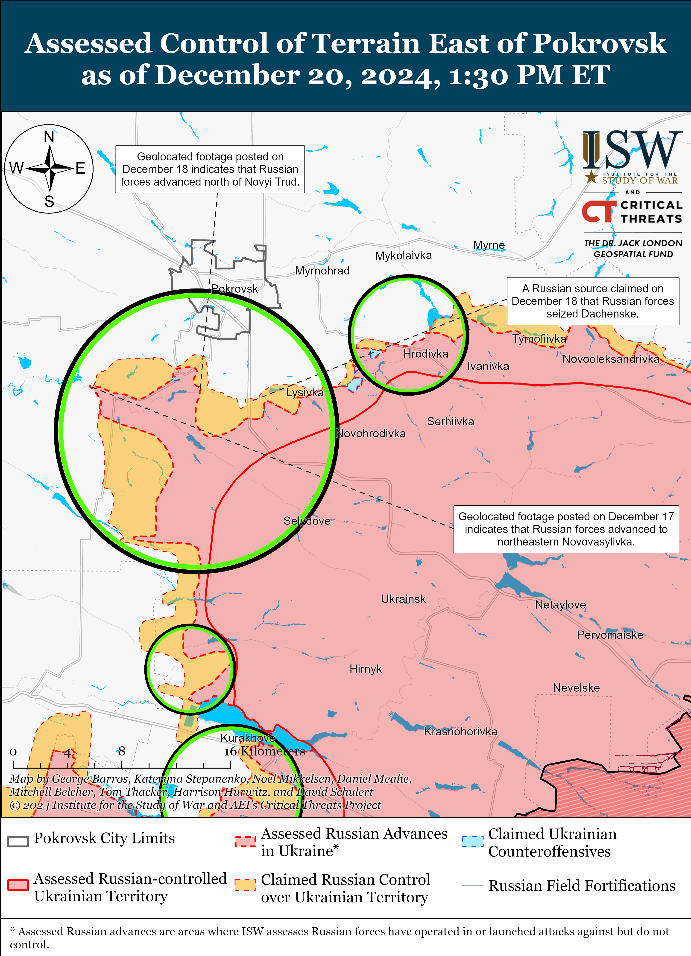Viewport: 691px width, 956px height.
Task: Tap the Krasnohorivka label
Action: click(460, 731)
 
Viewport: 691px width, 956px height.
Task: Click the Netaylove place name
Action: click(560, 605)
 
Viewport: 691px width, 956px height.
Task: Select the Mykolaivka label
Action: click(404, 255)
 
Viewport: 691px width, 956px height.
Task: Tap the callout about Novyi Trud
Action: click(210, 169)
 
